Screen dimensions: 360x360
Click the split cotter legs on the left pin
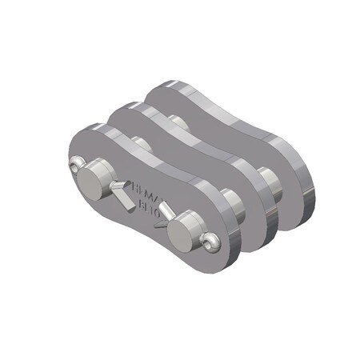122,192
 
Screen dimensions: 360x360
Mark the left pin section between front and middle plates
141,145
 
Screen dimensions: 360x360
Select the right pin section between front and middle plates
233,200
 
